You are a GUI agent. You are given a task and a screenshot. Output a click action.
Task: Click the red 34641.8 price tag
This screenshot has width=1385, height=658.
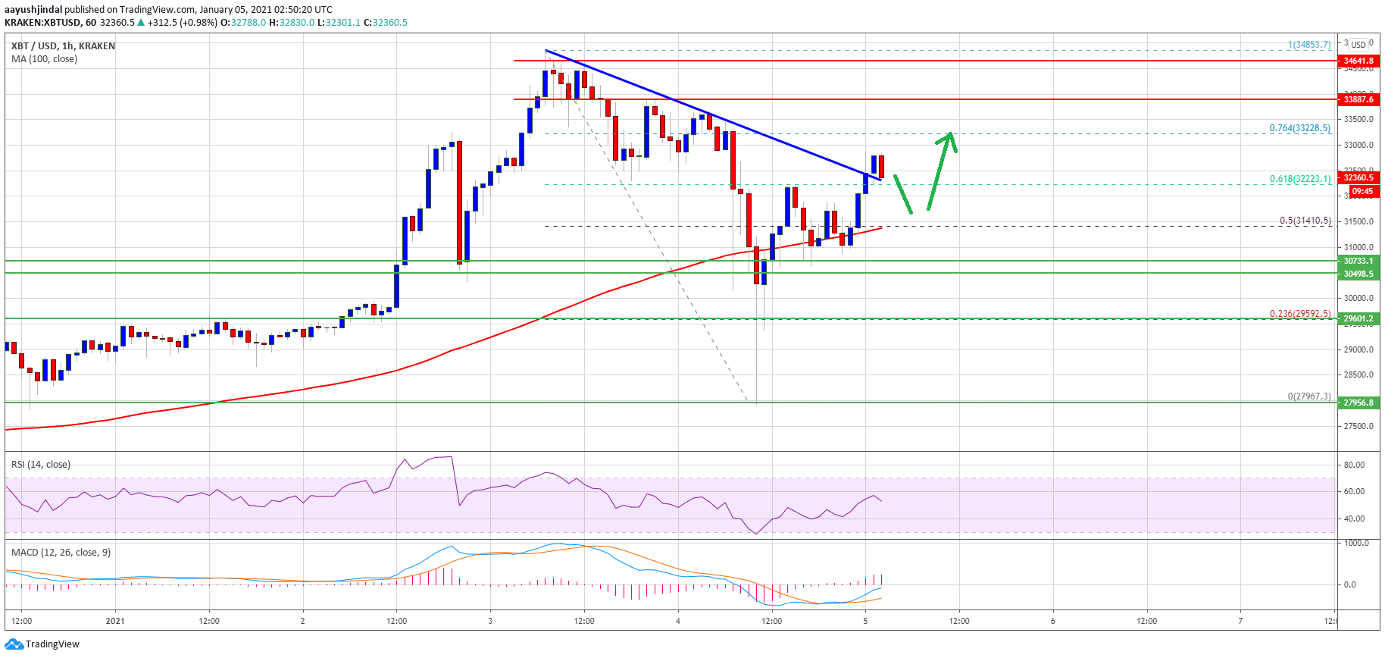1358,61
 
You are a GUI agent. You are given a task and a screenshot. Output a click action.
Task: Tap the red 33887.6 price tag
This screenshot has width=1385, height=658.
1358,99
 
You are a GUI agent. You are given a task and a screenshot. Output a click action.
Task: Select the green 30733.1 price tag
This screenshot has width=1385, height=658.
1358,261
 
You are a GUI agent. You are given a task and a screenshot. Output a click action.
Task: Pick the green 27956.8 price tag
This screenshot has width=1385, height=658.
1358,403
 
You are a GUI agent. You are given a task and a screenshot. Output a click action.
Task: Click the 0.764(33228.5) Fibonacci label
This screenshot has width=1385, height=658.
1299,128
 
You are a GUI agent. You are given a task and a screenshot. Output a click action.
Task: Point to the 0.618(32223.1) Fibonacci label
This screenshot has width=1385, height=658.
1299,179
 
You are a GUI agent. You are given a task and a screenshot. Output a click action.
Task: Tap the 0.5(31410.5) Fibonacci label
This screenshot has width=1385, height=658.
1305,221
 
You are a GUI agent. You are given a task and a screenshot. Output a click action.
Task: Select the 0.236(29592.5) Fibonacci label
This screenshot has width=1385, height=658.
1299,313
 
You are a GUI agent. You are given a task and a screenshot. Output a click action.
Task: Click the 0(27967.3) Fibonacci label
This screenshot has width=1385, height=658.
1308,396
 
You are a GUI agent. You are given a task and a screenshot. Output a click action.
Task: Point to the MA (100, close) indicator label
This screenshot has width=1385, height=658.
44,59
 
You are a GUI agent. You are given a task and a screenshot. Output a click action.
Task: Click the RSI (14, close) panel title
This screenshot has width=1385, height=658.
41,465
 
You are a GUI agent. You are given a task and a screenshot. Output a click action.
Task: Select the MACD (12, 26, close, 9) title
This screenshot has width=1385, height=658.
61,552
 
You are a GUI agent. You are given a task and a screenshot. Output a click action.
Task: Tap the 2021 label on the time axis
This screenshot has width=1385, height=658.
115,621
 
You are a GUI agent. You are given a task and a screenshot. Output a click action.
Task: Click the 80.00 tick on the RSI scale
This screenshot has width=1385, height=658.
1354,465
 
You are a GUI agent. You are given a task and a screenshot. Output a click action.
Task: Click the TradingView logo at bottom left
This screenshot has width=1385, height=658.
42,644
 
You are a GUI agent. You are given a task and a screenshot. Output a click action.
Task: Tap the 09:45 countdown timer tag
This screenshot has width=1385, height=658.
1362,191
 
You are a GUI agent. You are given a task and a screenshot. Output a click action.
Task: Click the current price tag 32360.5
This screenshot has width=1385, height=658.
1358,177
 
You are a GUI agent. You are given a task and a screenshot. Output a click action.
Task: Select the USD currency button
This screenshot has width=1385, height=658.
1358,45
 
